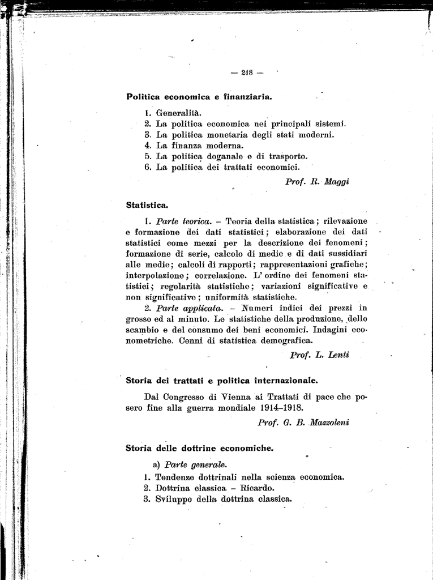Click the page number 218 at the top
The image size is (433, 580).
pyautogui.click(x=247, y=72)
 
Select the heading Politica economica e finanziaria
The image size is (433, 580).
pyautogui.click(x=199, y=96)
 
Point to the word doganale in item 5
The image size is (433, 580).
pyautogui.click(x=220, y=156)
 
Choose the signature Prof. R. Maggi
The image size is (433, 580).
pyautogui.click(x=318, y=181)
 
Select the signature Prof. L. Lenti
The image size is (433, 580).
pyautogui.click(x=319, y=355)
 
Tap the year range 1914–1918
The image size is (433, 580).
pyautogui.click(x=276, y=408)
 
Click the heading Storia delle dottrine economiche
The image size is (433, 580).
pyautogui.click(x=199, y=448)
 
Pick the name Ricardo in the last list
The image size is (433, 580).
pyautogui.click(x=258, y=488)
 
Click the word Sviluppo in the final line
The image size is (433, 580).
pyautogui.click(x=173, y=499)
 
